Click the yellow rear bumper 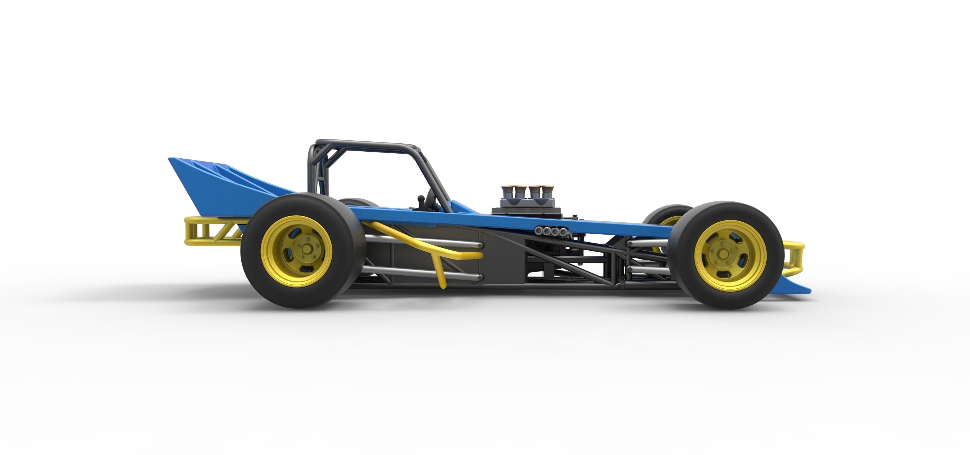point(211,231)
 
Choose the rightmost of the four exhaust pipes point(563,231)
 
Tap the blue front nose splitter point(795,288)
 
